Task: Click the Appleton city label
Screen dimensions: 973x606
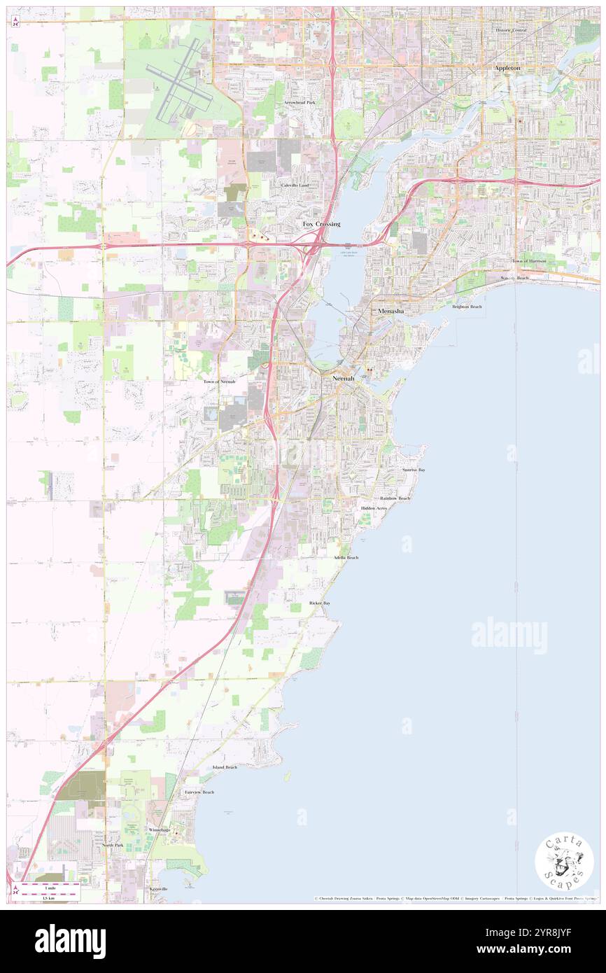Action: click(x=507, y=68)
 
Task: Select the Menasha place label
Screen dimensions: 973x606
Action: click(x=390, y=310)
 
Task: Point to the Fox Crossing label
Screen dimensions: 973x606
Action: click(x=321, y=224)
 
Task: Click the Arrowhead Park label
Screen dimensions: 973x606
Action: click(x=300, y=103)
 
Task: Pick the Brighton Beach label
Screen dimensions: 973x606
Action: click(x=467, y=307)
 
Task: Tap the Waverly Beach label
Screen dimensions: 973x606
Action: click(x=514, y=278)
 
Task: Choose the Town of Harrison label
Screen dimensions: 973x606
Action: click(x=528, y=261)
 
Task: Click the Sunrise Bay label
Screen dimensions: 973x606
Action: click(x=414, y=470)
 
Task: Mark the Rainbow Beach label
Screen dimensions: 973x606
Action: click(x=395, y=498)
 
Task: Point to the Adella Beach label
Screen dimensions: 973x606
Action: click(x=346, y=557)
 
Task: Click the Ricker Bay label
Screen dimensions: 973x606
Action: click(x=320, y=603)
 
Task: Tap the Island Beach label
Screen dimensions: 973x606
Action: click(x=225, y=767)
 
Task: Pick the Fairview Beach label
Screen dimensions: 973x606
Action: click(x=199, y=792)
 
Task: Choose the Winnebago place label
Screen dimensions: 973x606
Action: click(x=159, y=829)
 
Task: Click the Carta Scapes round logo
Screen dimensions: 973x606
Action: click(x=564, y=862)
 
